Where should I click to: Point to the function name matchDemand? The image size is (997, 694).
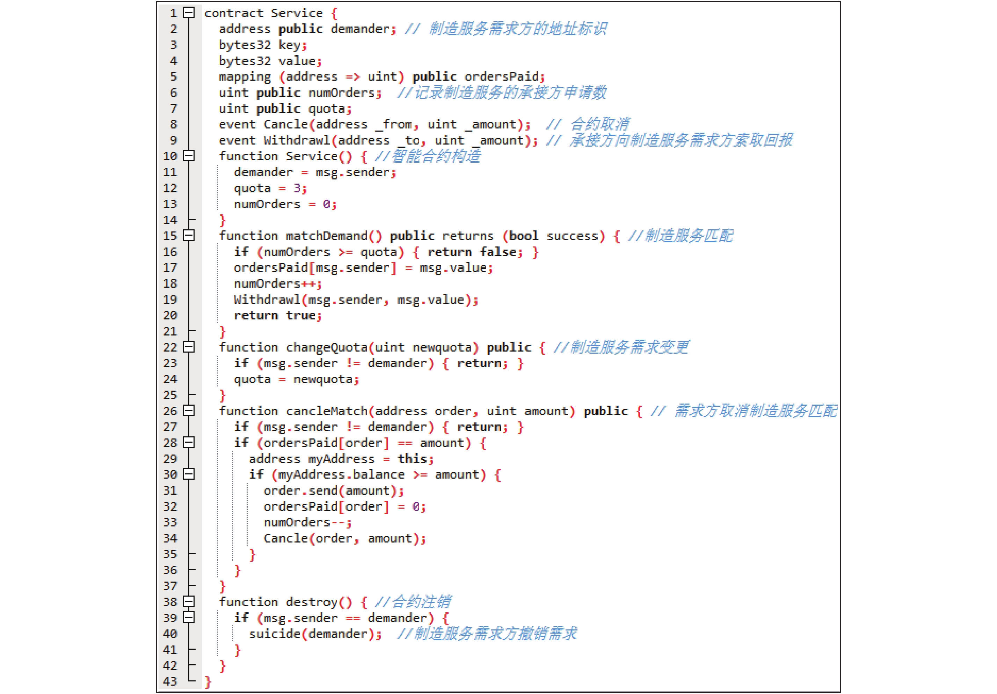click(327, 236)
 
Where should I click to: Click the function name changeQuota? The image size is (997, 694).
click(327, 348)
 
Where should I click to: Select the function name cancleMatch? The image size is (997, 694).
click(327, 411)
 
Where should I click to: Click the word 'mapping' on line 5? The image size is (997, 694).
click(245, 77)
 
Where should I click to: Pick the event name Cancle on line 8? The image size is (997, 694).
click(286, 125)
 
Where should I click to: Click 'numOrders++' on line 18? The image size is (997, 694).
click(275, 284)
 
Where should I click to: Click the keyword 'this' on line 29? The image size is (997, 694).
click(412, 459)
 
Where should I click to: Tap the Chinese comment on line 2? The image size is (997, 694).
click(518, 29)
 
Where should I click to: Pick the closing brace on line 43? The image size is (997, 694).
click(208, 682)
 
